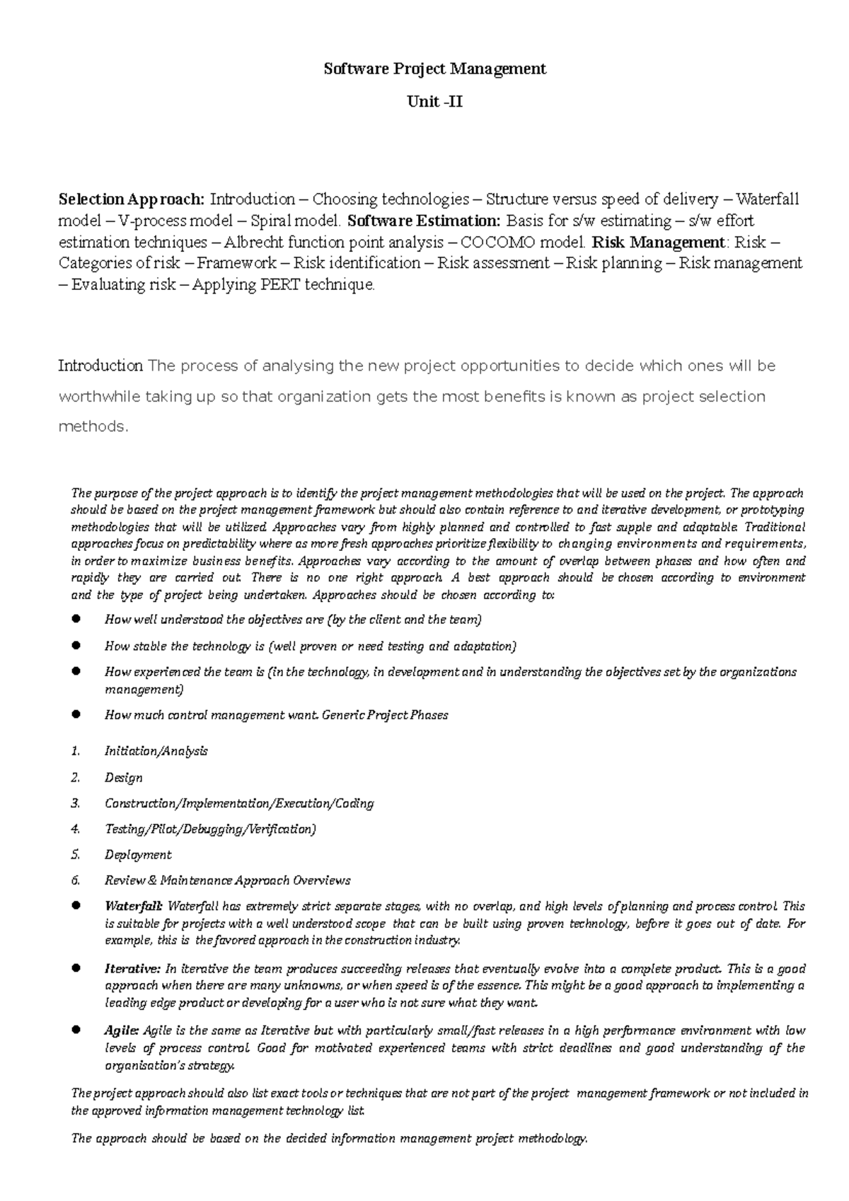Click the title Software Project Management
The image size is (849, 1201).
point(434,69)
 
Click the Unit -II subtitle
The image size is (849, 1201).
point(434,102)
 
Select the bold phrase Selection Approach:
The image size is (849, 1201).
point(132,199)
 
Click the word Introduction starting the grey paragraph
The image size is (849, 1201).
point(100,366)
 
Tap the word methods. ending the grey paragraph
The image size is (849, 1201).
point(93,427)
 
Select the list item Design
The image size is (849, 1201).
point(123,777)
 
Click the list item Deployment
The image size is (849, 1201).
point(138,854)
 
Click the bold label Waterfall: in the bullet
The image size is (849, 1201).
point(134,906)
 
